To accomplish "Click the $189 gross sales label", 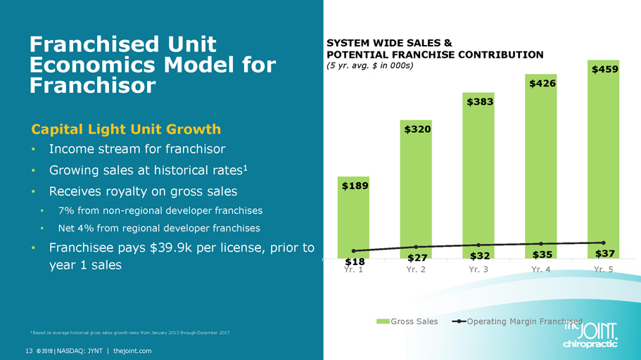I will [x=353, y=186].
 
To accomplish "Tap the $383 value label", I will [x=478, y=102].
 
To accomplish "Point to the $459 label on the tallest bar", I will [x=604, y=70].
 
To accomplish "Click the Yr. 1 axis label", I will [x=353, y=269].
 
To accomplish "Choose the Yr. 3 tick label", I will [x=478, y=269].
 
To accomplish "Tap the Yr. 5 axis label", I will [x=604, y=269].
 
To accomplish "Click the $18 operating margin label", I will [x=353, y=261].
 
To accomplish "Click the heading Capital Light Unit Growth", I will [x=126, y=129].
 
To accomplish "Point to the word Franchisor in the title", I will [x=92, y=86].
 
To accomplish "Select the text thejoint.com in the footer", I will [x=132, y=350].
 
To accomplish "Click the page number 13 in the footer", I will [x=30, y=350].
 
